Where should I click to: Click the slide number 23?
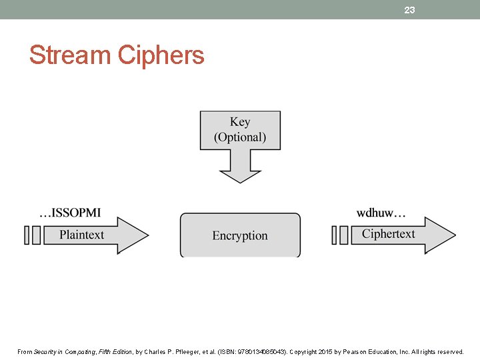(409, 10)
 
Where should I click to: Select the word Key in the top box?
(240, 122)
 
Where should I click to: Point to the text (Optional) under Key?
(240, 137)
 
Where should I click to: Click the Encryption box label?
(240, 235)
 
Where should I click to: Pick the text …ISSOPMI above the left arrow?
(70, 213)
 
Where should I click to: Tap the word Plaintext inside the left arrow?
(81, 235)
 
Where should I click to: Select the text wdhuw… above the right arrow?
(381, 213)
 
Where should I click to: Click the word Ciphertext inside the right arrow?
(388, 234)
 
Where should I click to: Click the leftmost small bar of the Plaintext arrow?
(27, 235)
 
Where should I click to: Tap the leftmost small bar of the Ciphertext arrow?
(335, 235)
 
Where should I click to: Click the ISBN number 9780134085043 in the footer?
(253, 351)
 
